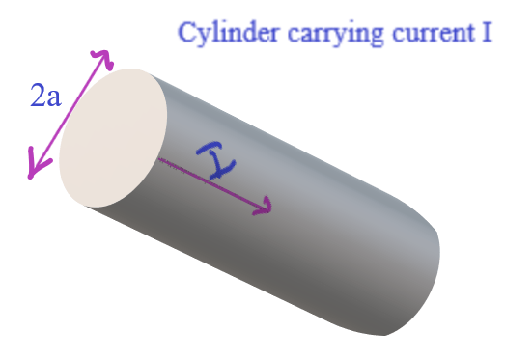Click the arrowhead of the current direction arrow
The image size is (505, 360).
(x=267, y=207)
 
